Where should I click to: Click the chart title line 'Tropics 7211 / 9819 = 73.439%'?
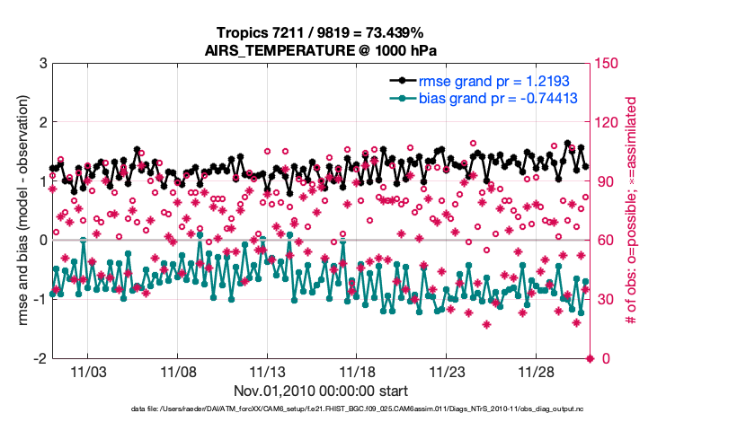click(x=321, y=32)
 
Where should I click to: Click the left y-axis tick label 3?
click(x=42, y=64)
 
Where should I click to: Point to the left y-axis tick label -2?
click(x=40, y=358)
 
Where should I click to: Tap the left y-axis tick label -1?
click(x=40, y=300)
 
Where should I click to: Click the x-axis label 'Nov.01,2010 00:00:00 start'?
click(x=321, y=391)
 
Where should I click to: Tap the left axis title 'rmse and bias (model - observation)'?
click(x=19, y=211)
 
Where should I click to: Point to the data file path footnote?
click(x=321, y=410)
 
